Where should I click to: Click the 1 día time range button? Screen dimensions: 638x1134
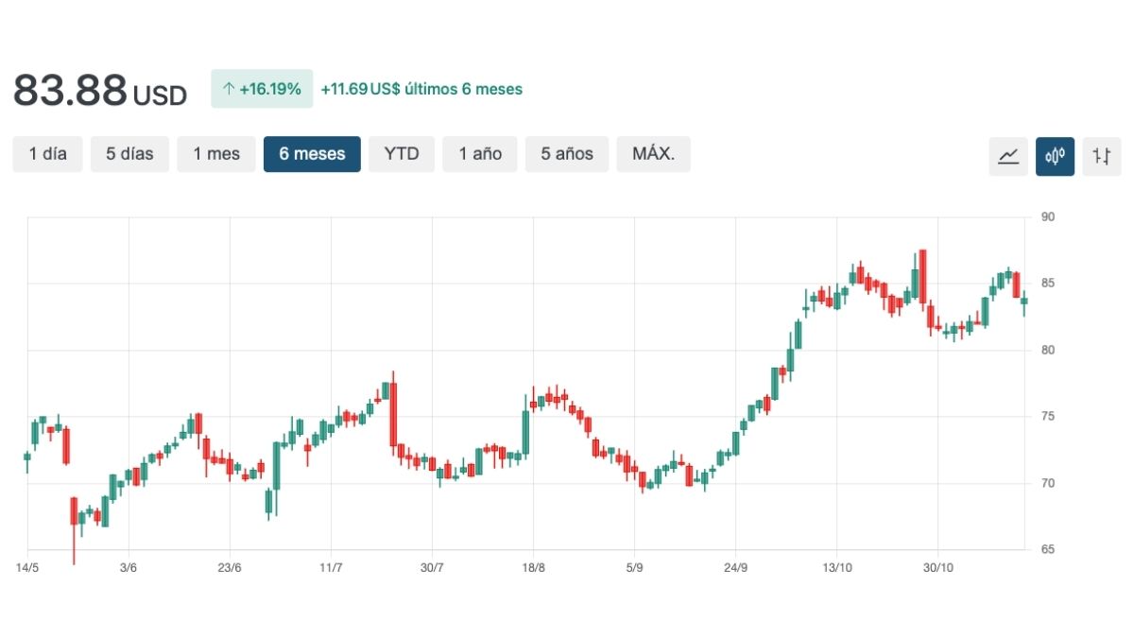[x=48, y=154]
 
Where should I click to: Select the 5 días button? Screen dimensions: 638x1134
[x=129, y=154]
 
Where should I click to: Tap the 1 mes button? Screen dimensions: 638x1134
[x=216, y=154]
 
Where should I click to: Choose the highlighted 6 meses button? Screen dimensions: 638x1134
[x=312, y=154]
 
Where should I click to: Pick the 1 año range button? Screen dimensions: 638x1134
[x=480, y=154]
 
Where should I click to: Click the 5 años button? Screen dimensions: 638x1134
[x=567, y=154]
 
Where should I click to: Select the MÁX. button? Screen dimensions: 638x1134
[x=653, y=154]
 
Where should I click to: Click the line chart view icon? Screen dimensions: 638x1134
[x=1008, y=156]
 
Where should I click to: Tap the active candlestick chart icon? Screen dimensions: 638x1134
[x=1055, y=156]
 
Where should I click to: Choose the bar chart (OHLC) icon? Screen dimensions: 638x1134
[x=1101, y=156]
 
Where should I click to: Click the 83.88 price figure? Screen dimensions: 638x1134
[x=70, y=91]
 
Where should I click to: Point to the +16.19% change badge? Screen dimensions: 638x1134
[x=262, y=89]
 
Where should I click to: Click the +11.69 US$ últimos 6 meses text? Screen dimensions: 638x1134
[x=421, y=89]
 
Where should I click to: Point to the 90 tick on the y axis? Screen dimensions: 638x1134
[x=1048, y=216]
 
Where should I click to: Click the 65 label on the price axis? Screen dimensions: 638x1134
[x=1048, y=549]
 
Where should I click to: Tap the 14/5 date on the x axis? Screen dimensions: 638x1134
[x=27, y=568]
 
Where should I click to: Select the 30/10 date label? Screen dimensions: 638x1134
[x=936, y=568]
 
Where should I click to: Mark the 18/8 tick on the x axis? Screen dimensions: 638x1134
[x=533, y=568]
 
